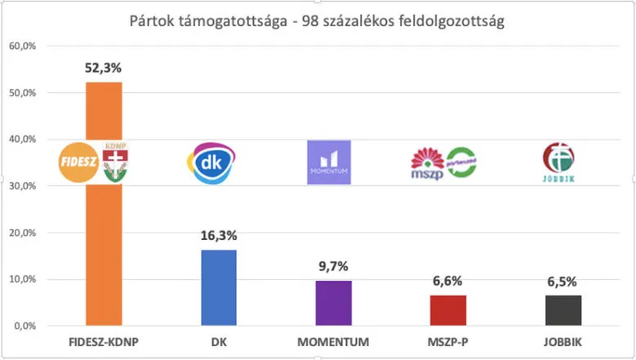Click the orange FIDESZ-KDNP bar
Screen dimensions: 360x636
pyautogui.click(x=104, y=245)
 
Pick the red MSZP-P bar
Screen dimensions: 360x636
pyautogui.click(x=447, y=310)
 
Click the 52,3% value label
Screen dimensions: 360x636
pyautogui.click(x=104, y=69)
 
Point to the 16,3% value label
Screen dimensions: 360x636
pyautogui.click(x=218, y=236)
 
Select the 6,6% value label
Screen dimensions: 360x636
pyautogui.click(x=447, y=282)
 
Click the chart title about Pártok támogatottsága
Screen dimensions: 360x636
pyautogui.click(x=317, y=21)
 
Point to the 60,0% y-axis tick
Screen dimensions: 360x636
pyautogui.click(x=23, y=46)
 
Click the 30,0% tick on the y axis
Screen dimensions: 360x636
pyautogui.click(x=23, y=186)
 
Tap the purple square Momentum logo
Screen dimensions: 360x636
pyautogui.click(x=329, y=162)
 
